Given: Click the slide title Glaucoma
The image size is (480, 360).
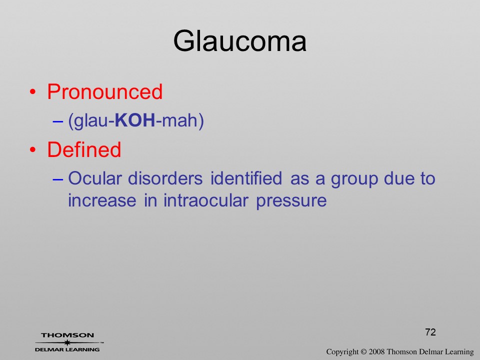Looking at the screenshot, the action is click(x=239, y=41).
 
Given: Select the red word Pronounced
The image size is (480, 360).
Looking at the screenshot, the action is click(x=104, y=91).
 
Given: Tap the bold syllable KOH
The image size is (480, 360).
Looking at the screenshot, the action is click(x=135, y=120).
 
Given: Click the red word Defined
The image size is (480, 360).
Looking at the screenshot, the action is click(x=84, y=149).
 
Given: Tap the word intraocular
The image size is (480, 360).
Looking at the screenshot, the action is click(x=205, y=200).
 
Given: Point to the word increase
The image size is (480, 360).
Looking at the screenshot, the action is click(x=102, y=200).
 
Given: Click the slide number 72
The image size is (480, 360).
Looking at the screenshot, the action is click(x=430, y=332).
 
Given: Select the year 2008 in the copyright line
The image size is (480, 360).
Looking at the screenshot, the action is click(x=376, y=352).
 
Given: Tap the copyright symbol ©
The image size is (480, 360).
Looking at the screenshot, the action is click(x=363, y=352).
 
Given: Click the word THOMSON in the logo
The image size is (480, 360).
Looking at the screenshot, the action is click(x=67, y=335).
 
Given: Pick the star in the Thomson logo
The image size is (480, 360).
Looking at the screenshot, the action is click(x=67, y=342).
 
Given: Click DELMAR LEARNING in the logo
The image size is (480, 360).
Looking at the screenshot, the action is click(x=67, y=349).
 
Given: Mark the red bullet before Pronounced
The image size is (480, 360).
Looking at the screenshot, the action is click(x=33, y=92).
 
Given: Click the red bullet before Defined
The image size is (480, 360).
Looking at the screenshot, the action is click(x=33, y=149).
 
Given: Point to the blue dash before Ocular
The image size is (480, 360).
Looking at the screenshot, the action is click(x=58, y=179).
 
